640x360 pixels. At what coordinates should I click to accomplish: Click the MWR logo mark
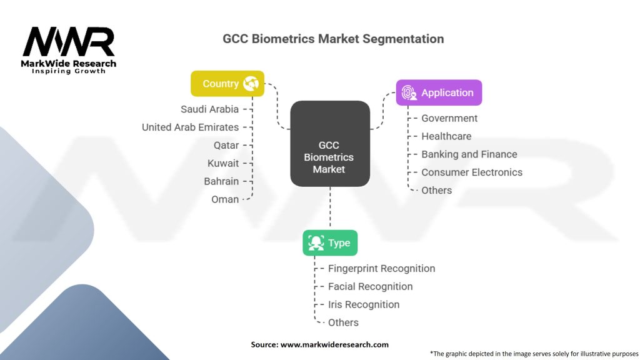[x=69, y=42]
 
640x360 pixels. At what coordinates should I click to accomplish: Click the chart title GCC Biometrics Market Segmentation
[x=333, y=39]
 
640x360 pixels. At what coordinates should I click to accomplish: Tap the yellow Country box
[x=227, y=84]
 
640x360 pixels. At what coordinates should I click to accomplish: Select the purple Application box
[x=439, y=92]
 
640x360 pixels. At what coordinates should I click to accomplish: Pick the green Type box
[x=330, y=243]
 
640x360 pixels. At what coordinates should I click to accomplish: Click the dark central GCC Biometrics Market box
[x=330, y=144]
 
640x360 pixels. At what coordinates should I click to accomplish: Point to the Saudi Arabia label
[x=210, y=109]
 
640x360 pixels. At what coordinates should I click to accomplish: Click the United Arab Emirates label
[x=190, y=127]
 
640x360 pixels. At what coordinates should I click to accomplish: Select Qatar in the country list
[x=226, y=145]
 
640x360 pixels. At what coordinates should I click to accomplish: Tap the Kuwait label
[x=223, y=163]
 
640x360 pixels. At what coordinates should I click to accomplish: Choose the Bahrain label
[x=221, y=181]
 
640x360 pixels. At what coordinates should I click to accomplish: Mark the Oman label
[x=225, y=199]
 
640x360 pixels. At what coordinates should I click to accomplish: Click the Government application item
[x=449, y=118]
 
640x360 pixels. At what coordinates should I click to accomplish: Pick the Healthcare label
[x=446, y=136]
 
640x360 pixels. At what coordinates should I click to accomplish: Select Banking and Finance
[x=469, y=154]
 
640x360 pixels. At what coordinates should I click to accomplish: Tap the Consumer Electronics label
[x=472, y=172]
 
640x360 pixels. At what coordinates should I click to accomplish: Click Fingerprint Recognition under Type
[x=382, y=269]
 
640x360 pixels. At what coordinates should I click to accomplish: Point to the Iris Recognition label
[x=364, y=304]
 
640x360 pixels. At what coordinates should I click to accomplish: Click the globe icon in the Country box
[x=251, y=84]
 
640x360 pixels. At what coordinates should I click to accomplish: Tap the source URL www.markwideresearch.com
[x=334, y=344]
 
